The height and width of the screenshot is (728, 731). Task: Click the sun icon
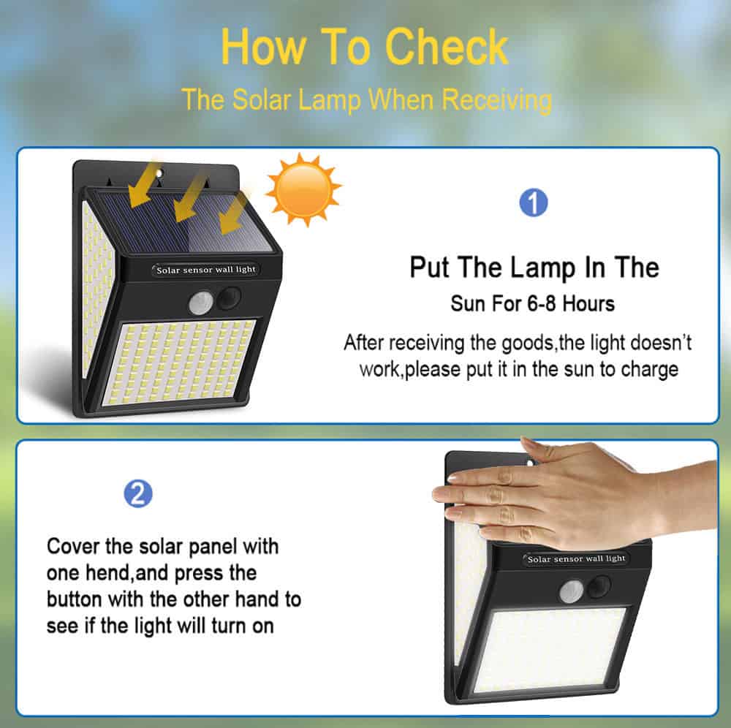click(303, 190)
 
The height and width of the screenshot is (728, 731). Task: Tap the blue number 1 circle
click(534, 202)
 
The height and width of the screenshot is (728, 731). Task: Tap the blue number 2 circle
click(138, 493)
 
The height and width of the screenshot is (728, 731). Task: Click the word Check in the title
click(446, 47)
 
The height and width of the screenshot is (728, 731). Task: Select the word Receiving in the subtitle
click(496, 100)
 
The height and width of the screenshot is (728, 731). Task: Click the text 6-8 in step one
click(542, 304)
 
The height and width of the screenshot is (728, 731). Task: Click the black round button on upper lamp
click(228, 297)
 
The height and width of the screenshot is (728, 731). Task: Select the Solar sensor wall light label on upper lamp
click(205, 270)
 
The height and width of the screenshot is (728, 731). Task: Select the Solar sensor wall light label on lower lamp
click(576, 558)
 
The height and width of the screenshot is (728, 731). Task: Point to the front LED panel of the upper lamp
click(180, 361)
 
